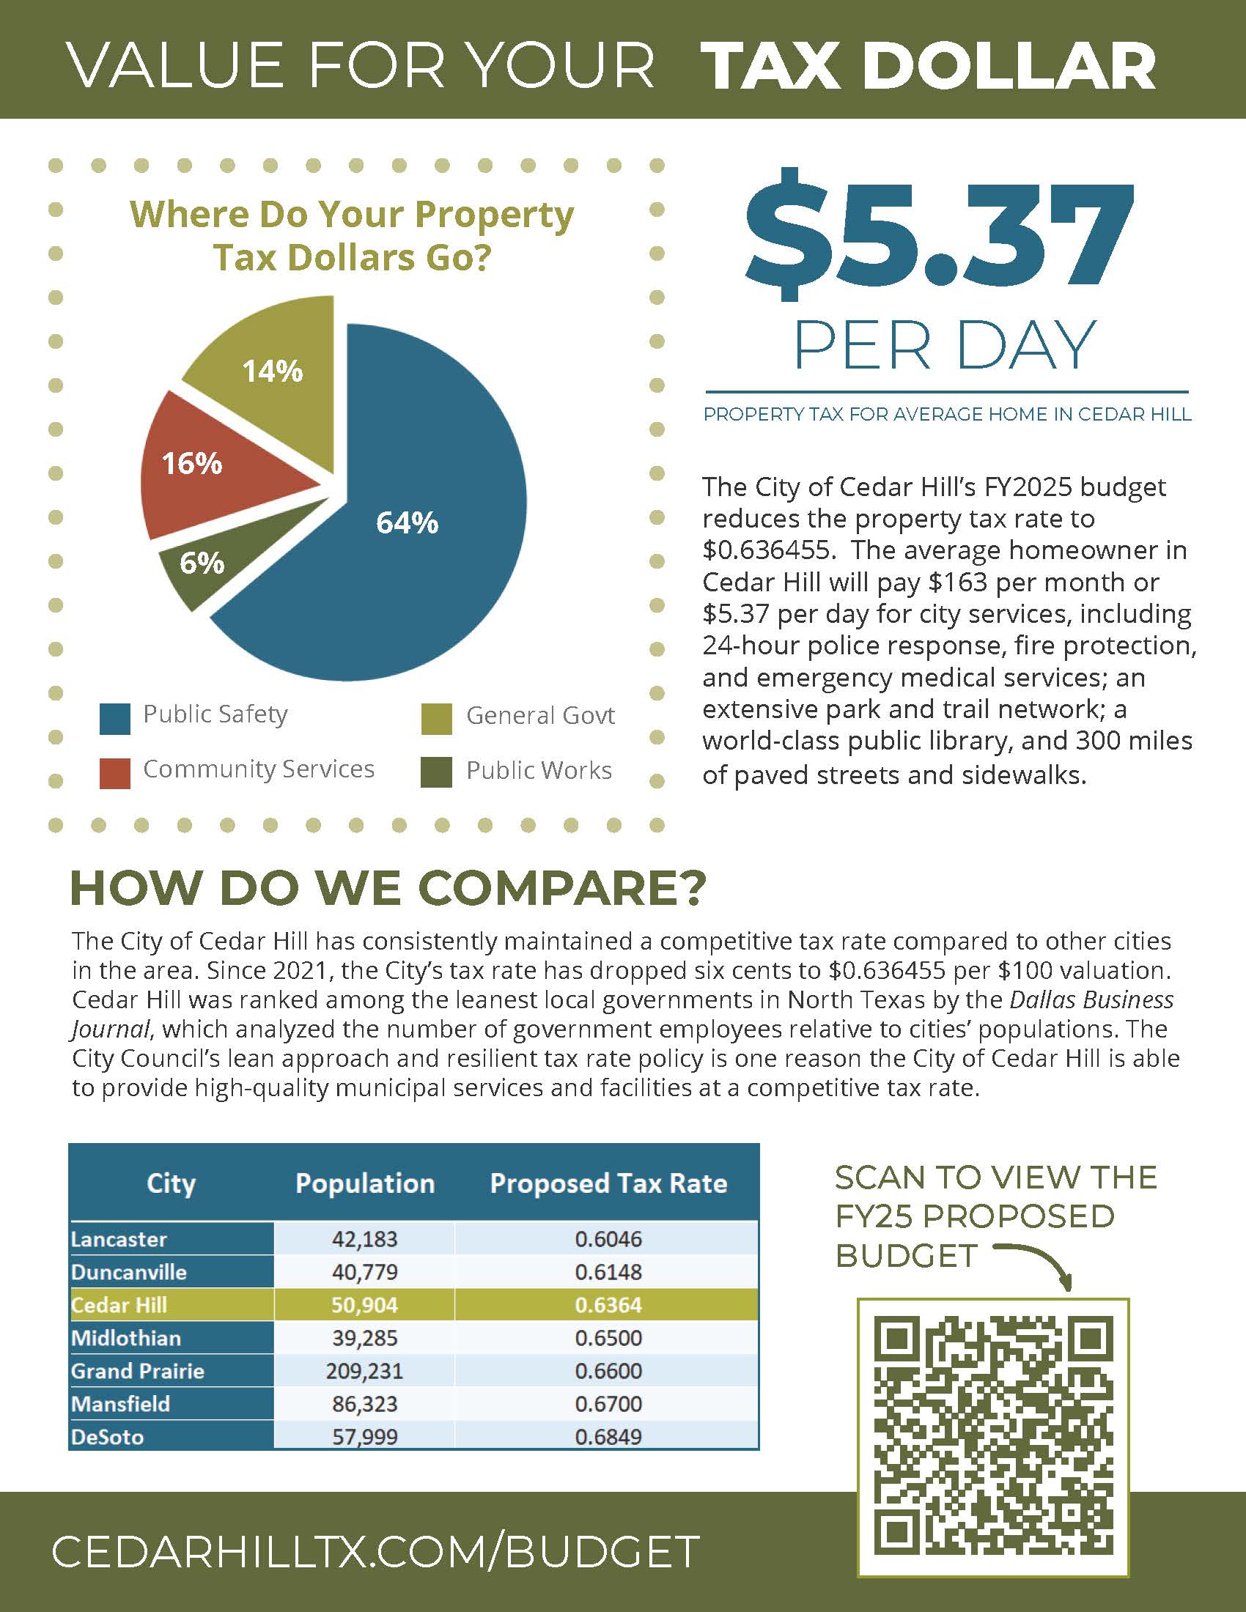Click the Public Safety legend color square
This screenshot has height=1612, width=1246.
pyautogui.click(x=114, y=719)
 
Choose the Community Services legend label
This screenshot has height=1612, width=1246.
pyautogui.click(x=258, y=769)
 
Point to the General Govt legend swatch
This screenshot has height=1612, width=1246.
pyautogui.click(x=436, y=719)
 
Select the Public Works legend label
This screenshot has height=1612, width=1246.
pyautogui.click(x=539, y=771)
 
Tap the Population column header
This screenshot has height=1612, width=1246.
pyautogui.click(x=365, y=1183)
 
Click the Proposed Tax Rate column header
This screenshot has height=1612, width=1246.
pyautogui.click(x=608, y=1183)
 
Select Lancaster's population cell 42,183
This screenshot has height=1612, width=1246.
pyautogui.click(x=365, y=1238)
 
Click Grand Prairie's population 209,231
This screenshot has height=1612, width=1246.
pyautogui.click(x=365, y=1371)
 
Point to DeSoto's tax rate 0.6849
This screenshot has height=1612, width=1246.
pyautogui.click(x=608, y=1436)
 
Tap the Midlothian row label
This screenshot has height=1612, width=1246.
pyautogui.click(x=126, y=1337)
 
